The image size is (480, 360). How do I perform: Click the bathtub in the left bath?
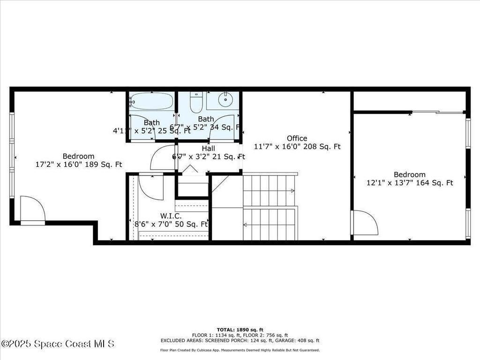coord(151,101)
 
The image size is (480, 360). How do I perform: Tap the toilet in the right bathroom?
coord(196,102)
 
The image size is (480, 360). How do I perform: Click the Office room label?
coord(297,138)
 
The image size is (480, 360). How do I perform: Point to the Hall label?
coord(208,148)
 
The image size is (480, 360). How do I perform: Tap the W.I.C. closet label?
coord(171,216)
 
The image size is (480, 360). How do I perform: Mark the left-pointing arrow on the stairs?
coord(246,225)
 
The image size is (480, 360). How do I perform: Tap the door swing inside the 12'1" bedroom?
coord(366,223)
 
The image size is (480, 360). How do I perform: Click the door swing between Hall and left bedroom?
coord(163,157)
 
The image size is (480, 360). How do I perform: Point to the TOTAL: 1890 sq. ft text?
coord(240,330)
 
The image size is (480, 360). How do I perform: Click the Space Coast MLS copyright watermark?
coord(57,344)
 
